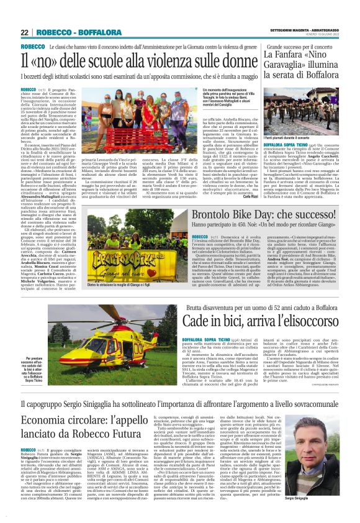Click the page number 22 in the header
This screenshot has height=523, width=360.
coord(24,32)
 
